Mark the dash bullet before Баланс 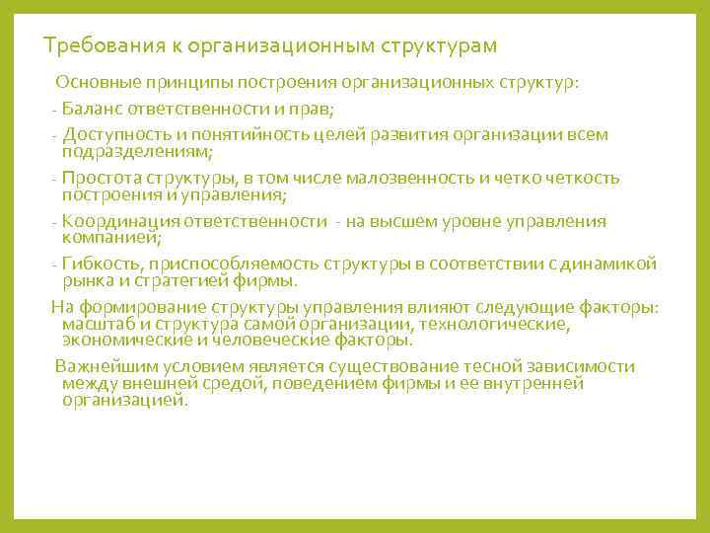53,109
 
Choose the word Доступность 110,134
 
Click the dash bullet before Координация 53,222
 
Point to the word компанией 110,238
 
